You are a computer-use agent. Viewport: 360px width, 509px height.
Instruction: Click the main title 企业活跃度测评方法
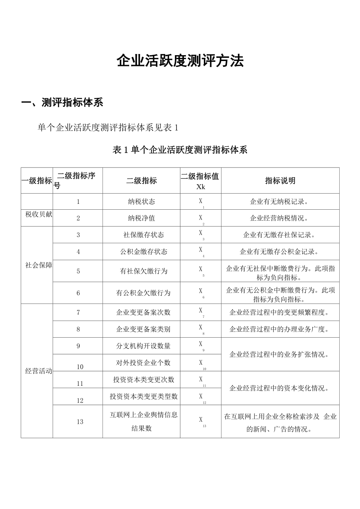[x=180, y=61]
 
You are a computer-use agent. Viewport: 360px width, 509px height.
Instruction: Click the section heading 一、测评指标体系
[x=62, y=103]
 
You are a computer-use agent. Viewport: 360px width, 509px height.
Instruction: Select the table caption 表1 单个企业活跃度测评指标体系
[x=180, y=150]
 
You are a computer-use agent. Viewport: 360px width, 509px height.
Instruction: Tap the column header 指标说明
[x=280, y=181]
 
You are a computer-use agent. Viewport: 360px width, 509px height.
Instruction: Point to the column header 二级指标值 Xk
[x=200, y=181]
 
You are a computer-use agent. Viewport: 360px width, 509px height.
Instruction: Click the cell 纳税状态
[x=141, y=201]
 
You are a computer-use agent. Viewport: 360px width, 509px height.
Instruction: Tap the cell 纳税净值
[x=141, y=218]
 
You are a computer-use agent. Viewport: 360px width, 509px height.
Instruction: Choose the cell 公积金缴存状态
[x=141, y=252]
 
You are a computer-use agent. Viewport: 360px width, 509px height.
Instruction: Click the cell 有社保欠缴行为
[x=141, y=271]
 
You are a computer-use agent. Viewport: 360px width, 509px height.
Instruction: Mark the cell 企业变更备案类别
[x=141, y=329]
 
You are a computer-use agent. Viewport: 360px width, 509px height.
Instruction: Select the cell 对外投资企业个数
[x=141, y=363]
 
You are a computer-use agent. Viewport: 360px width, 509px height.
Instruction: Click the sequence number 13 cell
[x=80, y=422]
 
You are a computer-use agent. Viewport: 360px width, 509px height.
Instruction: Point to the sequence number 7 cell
[x=78, y=312]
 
